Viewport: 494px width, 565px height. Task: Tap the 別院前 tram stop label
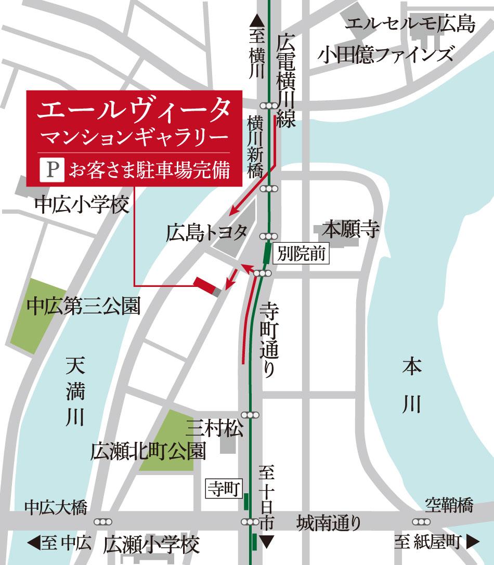(302, 254)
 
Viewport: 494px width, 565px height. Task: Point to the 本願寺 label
(351, 229)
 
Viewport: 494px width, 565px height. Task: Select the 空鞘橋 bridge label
(449, 504)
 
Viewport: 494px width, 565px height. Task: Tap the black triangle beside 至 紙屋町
(472, 544)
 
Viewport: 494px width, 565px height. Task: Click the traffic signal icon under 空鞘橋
(421, 521)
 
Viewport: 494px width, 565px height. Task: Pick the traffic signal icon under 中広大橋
(102, 521)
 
